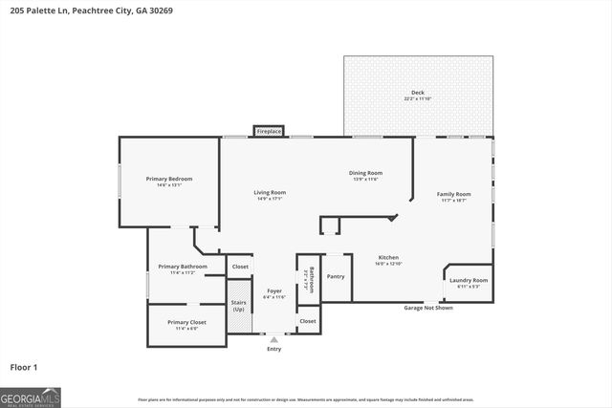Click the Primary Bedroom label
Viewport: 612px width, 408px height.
(x=169, y=180)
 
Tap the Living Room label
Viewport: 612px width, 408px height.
(x=270, y=194)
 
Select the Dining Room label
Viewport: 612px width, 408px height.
(x=365, y=173)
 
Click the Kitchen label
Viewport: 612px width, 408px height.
(x=388, y=258)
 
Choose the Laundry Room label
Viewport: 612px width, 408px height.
(x=469, y=281)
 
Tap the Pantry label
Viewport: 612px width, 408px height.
(x=336, y=276)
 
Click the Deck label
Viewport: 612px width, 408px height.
(x=417, y=94)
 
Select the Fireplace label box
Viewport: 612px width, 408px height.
(x=269, y=131)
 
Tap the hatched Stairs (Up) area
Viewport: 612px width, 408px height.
(x=238, y=306)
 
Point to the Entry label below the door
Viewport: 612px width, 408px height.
(x=274, y=348)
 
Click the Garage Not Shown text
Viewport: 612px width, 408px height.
(x=428, y=308)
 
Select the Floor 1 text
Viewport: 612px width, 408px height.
(x=25, y=365)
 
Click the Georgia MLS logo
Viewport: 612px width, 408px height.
(x=31, y=395)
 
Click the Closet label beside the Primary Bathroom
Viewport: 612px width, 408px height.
(x=239, y=267)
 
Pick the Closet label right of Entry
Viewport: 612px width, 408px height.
(x=307, y=321)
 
